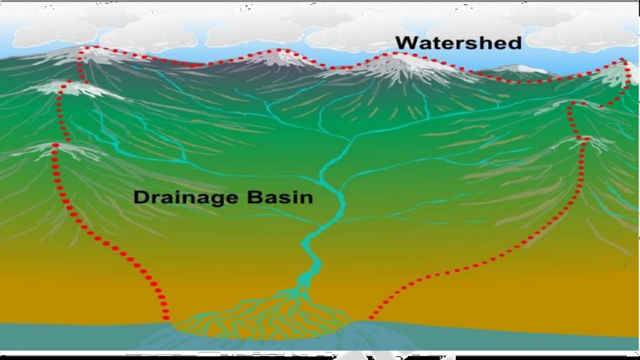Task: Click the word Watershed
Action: [458, 42]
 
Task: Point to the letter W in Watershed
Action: [406, 42]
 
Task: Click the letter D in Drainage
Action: [141, 197]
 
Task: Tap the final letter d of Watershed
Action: [514, 42]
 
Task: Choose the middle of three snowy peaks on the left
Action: [69, 87]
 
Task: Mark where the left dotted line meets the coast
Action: [167, 319]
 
